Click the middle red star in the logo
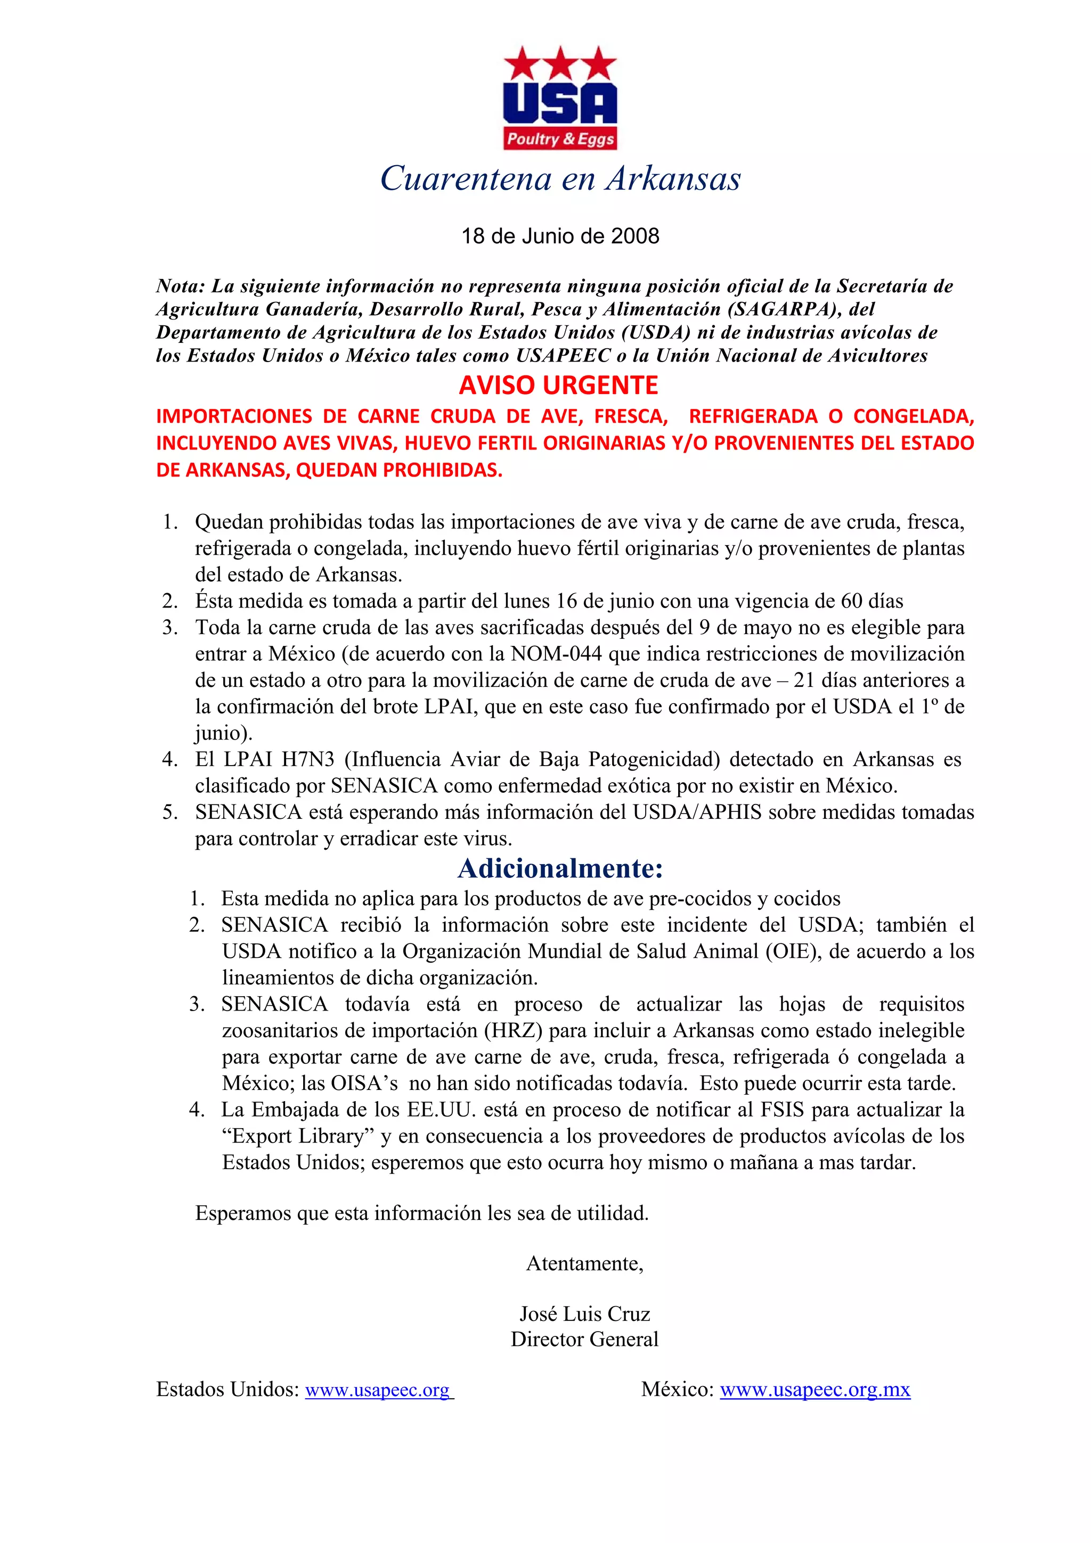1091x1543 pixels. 560,64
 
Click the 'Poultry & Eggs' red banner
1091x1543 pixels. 560,139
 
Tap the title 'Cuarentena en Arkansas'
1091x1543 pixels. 560,178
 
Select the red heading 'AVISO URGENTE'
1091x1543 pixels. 559,385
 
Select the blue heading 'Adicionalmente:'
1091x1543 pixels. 560,868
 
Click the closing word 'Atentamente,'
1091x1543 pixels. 585,1263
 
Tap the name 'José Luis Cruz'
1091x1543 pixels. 585,1314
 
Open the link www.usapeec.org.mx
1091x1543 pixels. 815,1390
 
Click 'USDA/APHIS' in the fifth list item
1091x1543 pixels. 697,812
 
